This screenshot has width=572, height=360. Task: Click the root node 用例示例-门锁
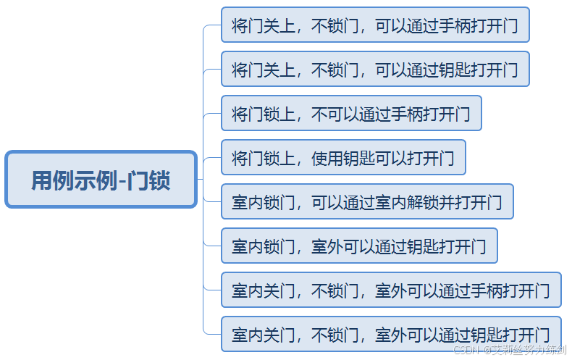[x=101, y=180]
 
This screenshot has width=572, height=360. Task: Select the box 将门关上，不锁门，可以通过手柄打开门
[x=375, y=25]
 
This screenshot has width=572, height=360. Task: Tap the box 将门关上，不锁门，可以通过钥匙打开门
[x=375, y=70]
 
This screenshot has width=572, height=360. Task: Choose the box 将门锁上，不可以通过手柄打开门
[x=351, y=114]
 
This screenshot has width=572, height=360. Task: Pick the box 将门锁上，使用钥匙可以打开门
[x=343, y=158]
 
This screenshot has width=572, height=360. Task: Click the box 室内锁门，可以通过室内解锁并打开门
[x=367, y=202]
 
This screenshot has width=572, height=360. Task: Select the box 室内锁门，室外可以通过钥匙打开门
[x=359, y=246]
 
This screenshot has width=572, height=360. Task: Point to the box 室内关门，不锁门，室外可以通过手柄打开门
[x=391, y=290]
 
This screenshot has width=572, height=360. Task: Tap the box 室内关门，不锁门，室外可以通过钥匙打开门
[x=391, y=335]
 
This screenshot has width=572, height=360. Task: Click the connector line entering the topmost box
[x=212, y=25]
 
